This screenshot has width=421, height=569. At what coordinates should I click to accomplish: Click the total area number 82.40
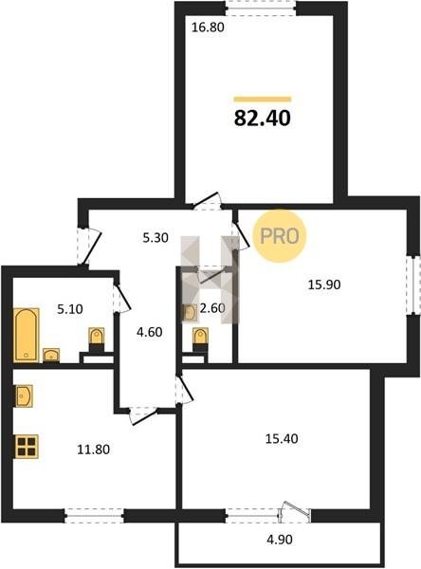263,118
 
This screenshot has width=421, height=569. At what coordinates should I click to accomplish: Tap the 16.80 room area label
208,28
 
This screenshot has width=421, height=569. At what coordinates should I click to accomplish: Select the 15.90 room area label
324,284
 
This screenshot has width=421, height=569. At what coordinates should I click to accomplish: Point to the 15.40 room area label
282,439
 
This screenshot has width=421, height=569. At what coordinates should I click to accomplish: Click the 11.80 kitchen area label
94,450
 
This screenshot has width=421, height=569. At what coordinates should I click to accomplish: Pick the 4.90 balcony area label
280,540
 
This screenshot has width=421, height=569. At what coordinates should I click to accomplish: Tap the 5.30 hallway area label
156,238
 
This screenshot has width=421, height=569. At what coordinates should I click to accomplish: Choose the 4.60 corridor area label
149,332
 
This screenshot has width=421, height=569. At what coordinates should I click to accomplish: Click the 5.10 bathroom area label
70,309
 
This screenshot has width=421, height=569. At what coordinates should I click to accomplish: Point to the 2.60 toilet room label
212,308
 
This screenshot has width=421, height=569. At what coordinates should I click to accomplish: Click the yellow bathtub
27,335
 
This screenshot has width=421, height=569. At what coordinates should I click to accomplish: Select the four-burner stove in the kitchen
27,447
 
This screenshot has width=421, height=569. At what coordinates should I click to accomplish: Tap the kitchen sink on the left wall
24,395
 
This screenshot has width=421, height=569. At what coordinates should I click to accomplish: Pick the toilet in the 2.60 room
200,340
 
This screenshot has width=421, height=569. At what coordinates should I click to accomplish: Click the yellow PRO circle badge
280,236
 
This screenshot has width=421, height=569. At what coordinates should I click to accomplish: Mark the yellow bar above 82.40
263,99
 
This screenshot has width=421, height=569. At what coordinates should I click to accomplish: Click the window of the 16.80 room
261,8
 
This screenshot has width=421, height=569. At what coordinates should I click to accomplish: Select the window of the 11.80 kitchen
95,516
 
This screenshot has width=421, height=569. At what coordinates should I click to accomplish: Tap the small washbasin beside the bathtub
51,356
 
